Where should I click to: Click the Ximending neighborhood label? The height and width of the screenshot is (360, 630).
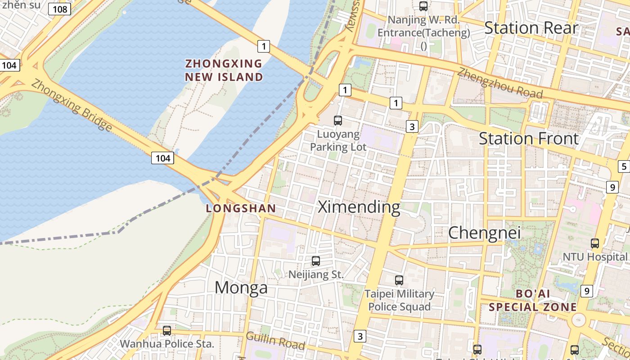359,207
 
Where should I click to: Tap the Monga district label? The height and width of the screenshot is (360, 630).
241,288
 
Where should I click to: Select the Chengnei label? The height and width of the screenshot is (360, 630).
484,233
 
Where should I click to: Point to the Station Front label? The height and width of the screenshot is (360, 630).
528,139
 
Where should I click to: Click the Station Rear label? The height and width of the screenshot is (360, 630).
531,28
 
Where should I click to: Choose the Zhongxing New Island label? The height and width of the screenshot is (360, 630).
224,70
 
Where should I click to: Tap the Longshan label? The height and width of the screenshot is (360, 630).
240,208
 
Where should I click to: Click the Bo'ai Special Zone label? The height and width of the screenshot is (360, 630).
533,301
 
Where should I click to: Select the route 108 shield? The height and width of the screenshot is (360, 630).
60,9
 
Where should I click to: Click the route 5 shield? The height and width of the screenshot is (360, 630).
624,166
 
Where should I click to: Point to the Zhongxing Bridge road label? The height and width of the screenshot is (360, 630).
72,105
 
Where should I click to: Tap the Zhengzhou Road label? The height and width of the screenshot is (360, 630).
500,83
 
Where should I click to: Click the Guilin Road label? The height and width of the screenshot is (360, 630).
275,340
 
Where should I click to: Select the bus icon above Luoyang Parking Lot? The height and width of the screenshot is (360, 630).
338,120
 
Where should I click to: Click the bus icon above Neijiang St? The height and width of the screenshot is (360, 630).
316,261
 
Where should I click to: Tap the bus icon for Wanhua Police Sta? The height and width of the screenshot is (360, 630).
167,331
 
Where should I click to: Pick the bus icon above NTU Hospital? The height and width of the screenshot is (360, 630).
595,243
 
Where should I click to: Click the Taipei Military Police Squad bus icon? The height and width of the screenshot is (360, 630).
399,280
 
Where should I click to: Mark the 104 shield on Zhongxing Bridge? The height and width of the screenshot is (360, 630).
163,158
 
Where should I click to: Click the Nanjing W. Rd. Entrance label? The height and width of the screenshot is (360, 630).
423,26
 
